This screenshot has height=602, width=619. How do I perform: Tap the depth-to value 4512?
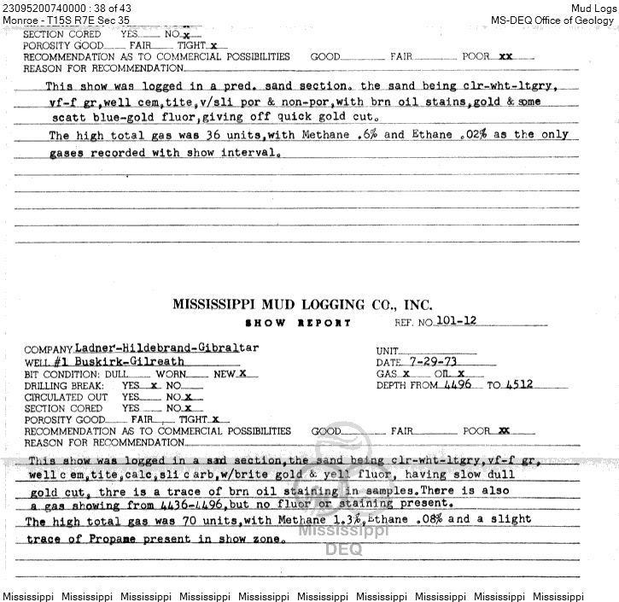click(x=518, y=384)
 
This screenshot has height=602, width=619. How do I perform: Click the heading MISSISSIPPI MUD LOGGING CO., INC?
click(x=302, y=305)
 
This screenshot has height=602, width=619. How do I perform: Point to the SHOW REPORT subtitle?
click(x=298, y=323)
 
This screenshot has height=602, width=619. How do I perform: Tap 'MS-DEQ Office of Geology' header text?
click(x=552, y=20)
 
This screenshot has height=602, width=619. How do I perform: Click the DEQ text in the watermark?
click(x=343, y=549)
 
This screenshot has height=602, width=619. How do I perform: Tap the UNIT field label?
click(x=388, y=351)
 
